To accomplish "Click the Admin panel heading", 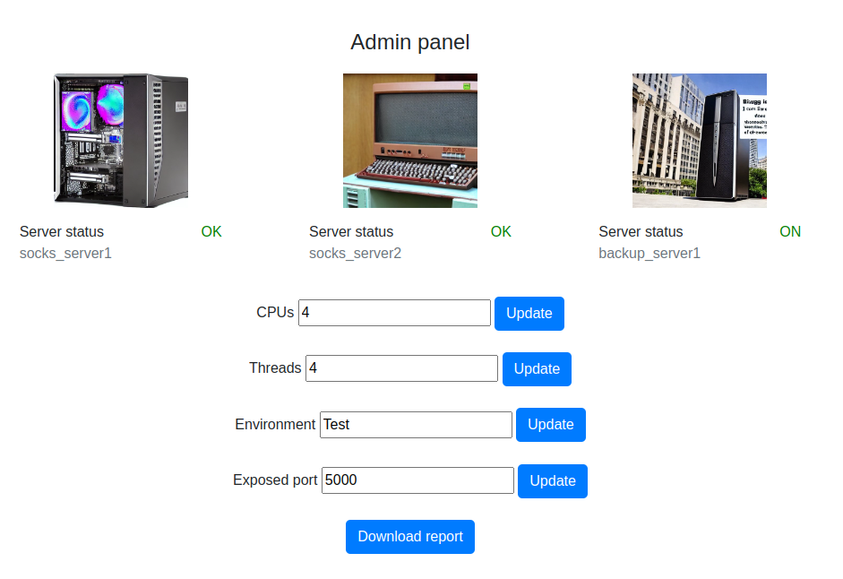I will (x=409, y=42).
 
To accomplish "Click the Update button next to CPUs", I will (x=529, y=314).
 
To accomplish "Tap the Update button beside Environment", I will (x=550, y=425).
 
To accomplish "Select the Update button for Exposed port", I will (x=552, y=481).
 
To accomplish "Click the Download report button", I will (x=409, y=537).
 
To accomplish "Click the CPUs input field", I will (x=394, y=313).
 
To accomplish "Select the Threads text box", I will (x=401, y=368).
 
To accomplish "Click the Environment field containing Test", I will (x=416, y=425).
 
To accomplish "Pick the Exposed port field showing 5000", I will (x=417, y=480).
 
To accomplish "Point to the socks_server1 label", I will (x=65, y=254).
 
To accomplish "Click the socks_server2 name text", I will (x=355, y=254).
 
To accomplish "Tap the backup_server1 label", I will (x=649, y=254).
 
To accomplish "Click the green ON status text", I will (x=790, y=232).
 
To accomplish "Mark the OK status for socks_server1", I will (x=211, y=232).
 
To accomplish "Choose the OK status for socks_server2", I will (x=501, y=232).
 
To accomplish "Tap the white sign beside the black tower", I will (x=754, y=114).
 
